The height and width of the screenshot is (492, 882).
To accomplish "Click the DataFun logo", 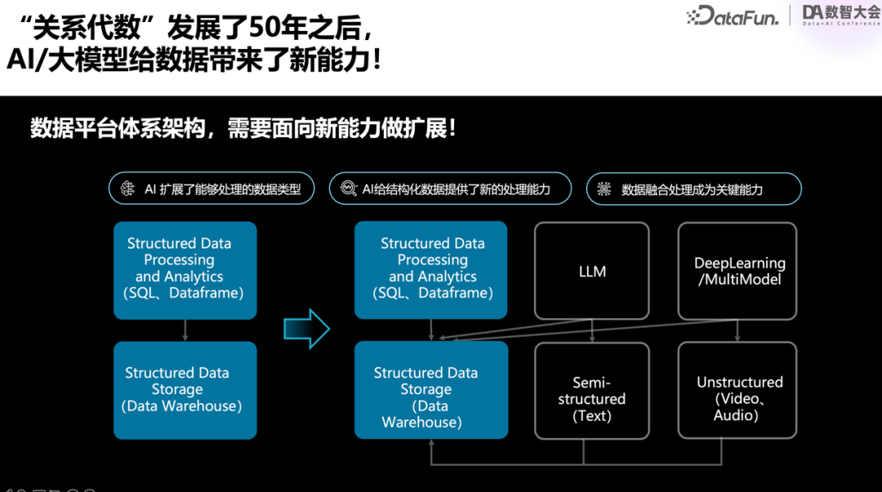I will pyautogui.click(x=733, y=15).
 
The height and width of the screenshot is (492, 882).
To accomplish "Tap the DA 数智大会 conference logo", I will pyautogui.click(x=840, y=14).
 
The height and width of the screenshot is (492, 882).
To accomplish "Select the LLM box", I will pyautogui.click(x=592, y=271).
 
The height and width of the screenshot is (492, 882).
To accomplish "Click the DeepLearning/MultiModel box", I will pyautogui.click(x=739, y=271).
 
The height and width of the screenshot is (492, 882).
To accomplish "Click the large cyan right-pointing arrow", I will pyautogui.click(x=306, y=329).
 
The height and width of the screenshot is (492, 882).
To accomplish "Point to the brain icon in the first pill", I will pyautogui.click(x=127, y=190).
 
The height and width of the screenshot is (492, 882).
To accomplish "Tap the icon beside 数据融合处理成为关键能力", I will pyautogui.click(x=604, y=190).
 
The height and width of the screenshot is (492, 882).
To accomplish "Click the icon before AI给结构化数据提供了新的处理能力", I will pyautogui.click(x=349, y=190).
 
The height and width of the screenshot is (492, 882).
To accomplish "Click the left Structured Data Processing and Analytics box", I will pyautogui.click(x=185, y=270).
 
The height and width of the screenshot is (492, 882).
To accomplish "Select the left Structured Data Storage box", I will pyautogui.click(x=185, y=391).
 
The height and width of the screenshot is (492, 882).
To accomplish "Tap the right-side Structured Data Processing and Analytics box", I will pyautogui.click(x=430, y=270).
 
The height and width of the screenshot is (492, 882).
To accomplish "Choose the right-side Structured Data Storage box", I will pyautogui.click(x=430, y=391).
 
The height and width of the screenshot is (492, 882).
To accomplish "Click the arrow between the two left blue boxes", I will pyautogui.click(x=185, y=330).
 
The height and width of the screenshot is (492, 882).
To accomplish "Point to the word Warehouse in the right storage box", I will pyautogui.click(x=421, y=423).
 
